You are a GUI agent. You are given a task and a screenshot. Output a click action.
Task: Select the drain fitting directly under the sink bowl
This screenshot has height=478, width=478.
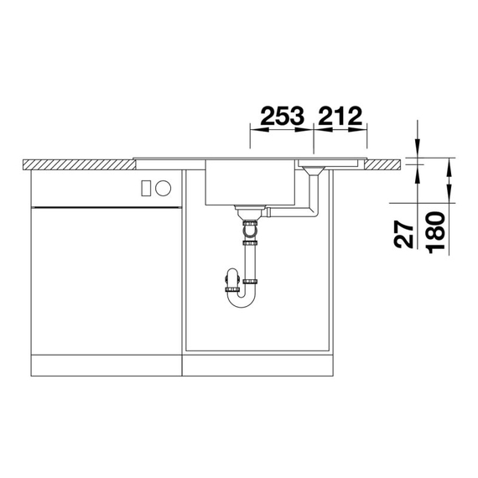tap(248, 210)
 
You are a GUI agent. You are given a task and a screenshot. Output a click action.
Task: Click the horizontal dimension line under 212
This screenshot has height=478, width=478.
tap(340, 130)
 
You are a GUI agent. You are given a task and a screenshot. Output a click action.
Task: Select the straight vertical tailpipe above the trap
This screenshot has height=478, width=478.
tap(248, 256)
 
